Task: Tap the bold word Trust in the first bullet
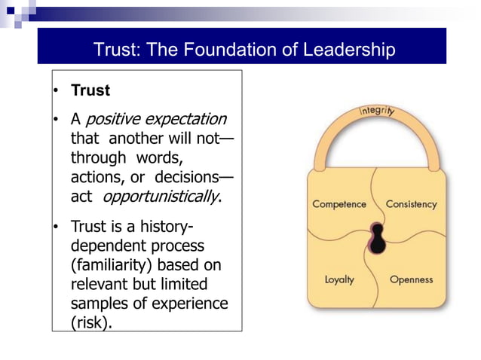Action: [x=90, y=90]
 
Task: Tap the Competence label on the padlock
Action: [x=339, y=204]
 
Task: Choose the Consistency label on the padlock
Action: [x=411, y=204]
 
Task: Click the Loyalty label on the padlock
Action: [x=340, y=279]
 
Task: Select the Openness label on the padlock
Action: [x=412, y=279]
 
